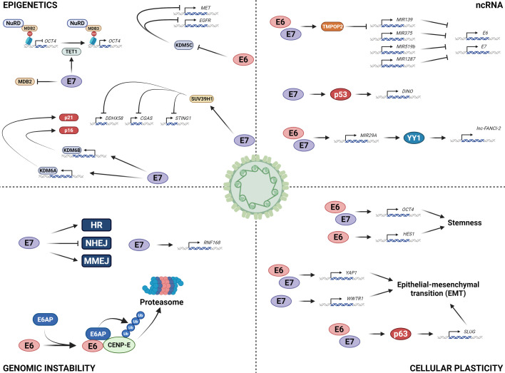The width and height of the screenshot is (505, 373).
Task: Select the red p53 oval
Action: (322, 94)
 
